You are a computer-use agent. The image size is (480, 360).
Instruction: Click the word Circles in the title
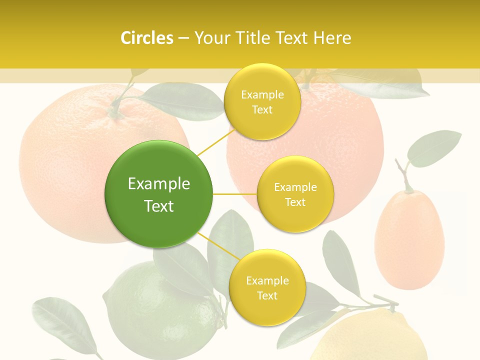pos(147,38)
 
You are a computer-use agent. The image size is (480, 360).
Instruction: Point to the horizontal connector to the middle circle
pos(235,194)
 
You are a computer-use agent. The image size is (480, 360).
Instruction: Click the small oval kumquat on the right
pos(409,240)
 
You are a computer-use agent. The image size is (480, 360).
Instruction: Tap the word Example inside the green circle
pos(158,184)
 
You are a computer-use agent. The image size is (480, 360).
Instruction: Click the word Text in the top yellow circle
pos(262,109)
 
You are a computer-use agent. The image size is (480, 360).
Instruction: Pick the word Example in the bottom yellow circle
pos(267,280)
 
